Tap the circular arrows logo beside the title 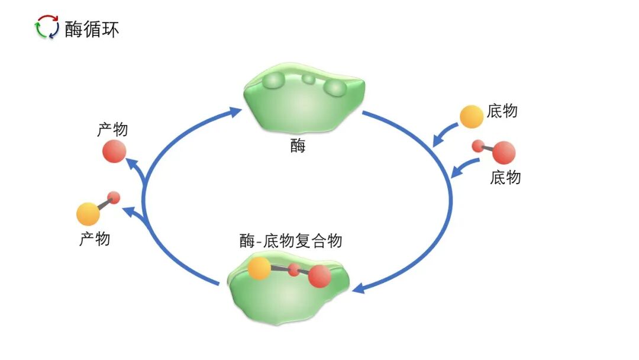click(47, 27)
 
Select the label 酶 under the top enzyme click(298, 146)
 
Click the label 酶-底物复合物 click(291, 241)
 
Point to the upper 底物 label click(502, 111)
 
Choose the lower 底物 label click(506, 177)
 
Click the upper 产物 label click(112, 130)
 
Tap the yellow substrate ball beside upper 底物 click(472, 117)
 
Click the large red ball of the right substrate click(504, 153)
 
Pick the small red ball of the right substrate click(477, 146)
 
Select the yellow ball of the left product click(88, 213)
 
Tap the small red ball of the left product click(114, 197)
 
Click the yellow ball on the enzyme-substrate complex click(259, 269)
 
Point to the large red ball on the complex click(319, 276)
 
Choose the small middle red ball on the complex click(294, 271)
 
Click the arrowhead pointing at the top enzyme click(236, 111)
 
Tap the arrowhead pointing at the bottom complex click(358, 288)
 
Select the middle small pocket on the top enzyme click(308, 79)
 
